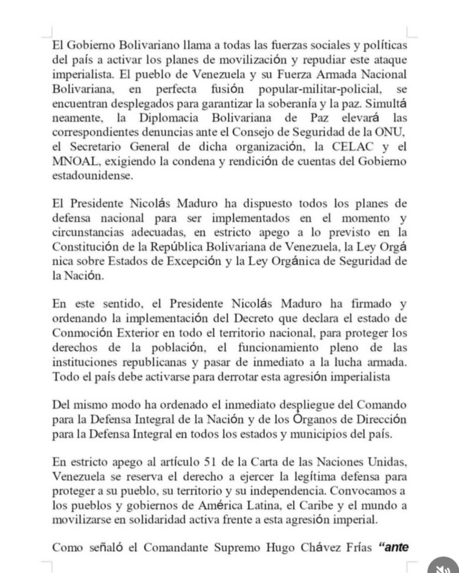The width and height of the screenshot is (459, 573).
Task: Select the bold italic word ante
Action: point(398,547)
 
